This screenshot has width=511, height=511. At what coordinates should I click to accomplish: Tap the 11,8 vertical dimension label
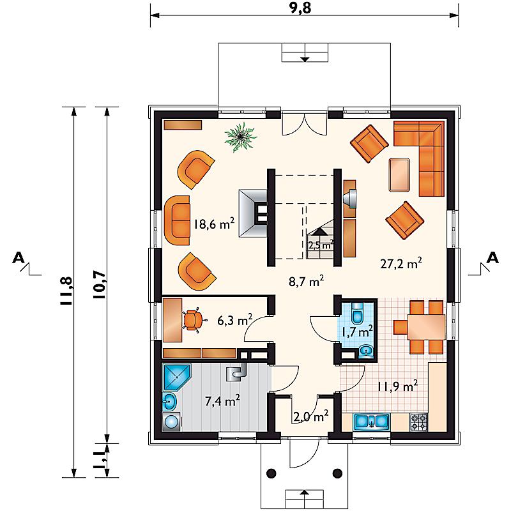click(67, 291)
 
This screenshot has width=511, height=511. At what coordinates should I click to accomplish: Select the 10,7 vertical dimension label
click(100, 285)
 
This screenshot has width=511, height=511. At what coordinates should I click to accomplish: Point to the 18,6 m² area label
click(214, 224)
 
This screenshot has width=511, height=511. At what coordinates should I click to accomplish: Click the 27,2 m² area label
click(401, 263)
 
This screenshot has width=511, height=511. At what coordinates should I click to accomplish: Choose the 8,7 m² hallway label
click(306, 281)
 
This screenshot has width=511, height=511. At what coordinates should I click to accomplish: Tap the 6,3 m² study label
click(234, 320)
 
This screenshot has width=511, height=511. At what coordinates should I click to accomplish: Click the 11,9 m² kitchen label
click(397, 386)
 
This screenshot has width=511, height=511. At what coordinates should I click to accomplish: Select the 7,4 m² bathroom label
click(222, 400)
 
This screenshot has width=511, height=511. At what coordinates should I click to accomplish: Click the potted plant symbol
click(241, 137)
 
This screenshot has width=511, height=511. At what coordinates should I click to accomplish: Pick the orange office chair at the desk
click(194, 321)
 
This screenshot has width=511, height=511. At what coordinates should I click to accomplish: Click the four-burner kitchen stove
click(418, 422)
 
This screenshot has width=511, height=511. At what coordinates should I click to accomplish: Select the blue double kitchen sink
click(371, 422)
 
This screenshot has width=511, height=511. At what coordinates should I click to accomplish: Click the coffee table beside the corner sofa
click(399, 174)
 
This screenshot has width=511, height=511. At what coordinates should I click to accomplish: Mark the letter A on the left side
click(19, 258)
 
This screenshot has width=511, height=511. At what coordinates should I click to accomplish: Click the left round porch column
click(271, 473)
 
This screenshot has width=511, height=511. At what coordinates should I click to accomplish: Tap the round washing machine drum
click(171, 422)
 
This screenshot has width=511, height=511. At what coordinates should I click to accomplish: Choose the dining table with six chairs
click(426, 328)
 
